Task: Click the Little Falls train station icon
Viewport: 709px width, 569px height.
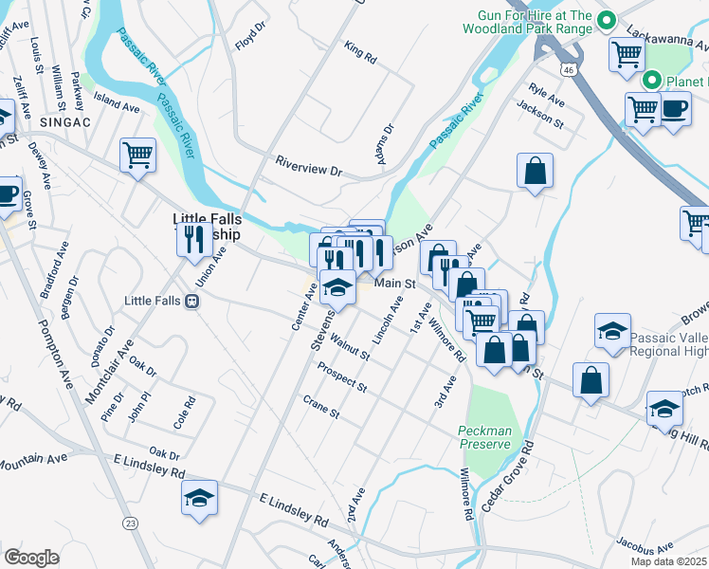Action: click(x=192, y=301)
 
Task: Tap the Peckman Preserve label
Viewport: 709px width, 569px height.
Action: click(x=484, y=436)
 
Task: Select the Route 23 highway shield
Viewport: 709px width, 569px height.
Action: click(x=129, y=523)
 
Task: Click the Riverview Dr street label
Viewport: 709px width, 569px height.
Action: click(x=308, y=167)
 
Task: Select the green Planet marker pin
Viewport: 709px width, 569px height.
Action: click(x=651, y=81)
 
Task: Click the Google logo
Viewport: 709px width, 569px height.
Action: click(x=31, y=557)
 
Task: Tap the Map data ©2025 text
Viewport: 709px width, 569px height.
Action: click(x=669, y=561)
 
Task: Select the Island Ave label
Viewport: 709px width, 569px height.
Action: click(x=116, y=102)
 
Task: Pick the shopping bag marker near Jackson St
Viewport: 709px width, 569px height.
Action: click(x=536, y=172)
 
